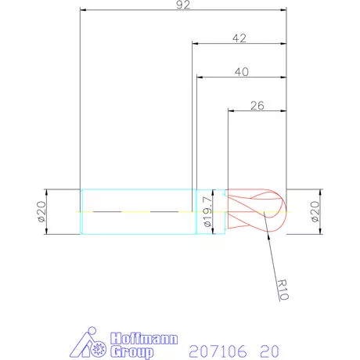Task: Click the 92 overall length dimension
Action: (184, 5)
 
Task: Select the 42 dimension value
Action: (239, 37)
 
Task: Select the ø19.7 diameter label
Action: (207, 211)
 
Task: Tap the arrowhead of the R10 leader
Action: (268, 216)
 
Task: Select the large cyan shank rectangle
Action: (138, 211)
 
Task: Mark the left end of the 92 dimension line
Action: (81, 10)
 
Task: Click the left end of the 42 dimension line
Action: (193, 44)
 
